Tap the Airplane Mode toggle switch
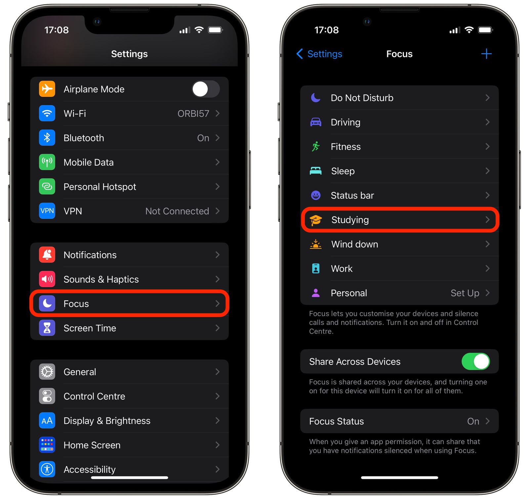[206, 89]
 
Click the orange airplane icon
[47, 89]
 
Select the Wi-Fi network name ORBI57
[193, 114]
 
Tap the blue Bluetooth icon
[47, 138]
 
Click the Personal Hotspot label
[100, 187]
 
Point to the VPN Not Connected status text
[177, 211]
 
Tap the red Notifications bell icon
[47, 255]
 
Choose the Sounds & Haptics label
[101, 279]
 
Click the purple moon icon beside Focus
[47, 303]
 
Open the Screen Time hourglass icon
[47, 328]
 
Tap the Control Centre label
[94, 396]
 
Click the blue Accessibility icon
[47, 469]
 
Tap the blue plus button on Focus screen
[486, 54]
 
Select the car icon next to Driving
[315, 122]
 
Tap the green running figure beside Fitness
[315, 146]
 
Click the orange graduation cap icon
[315, 220]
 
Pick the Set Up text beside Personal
[465, 293]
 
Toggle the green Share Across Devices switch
[475, 362]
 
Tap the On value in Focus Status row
[473, 421]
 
